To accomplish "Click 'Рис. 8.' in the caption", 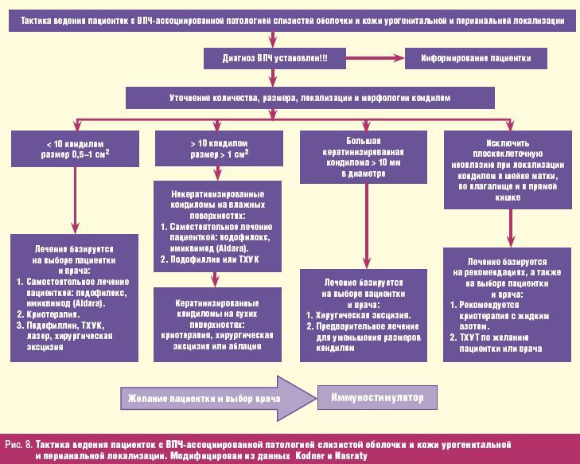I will tap(18, 442).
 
